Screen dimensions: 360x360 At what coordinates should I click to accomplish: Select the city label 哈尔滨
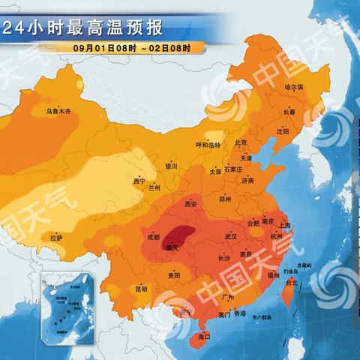click(294, 88)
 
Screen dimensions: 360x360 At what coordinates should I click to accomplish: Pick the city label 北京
click(241, 142)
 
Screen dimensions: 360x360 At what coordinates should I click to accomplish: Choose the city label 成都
click(153, 237)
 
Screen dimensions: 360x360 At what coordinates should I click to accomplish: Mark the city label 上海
click(284, 224)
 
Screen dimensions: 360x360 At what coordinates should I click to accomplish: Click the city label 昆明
click(142, 288)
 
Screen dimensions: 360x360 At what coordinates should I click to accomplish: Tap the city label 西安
click(190, 204)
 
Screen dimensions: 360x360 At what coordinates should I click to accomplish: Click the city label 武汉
click(229, 237)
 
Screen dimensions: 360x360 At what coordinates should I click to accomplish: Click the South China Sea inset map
click(69, 304)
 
